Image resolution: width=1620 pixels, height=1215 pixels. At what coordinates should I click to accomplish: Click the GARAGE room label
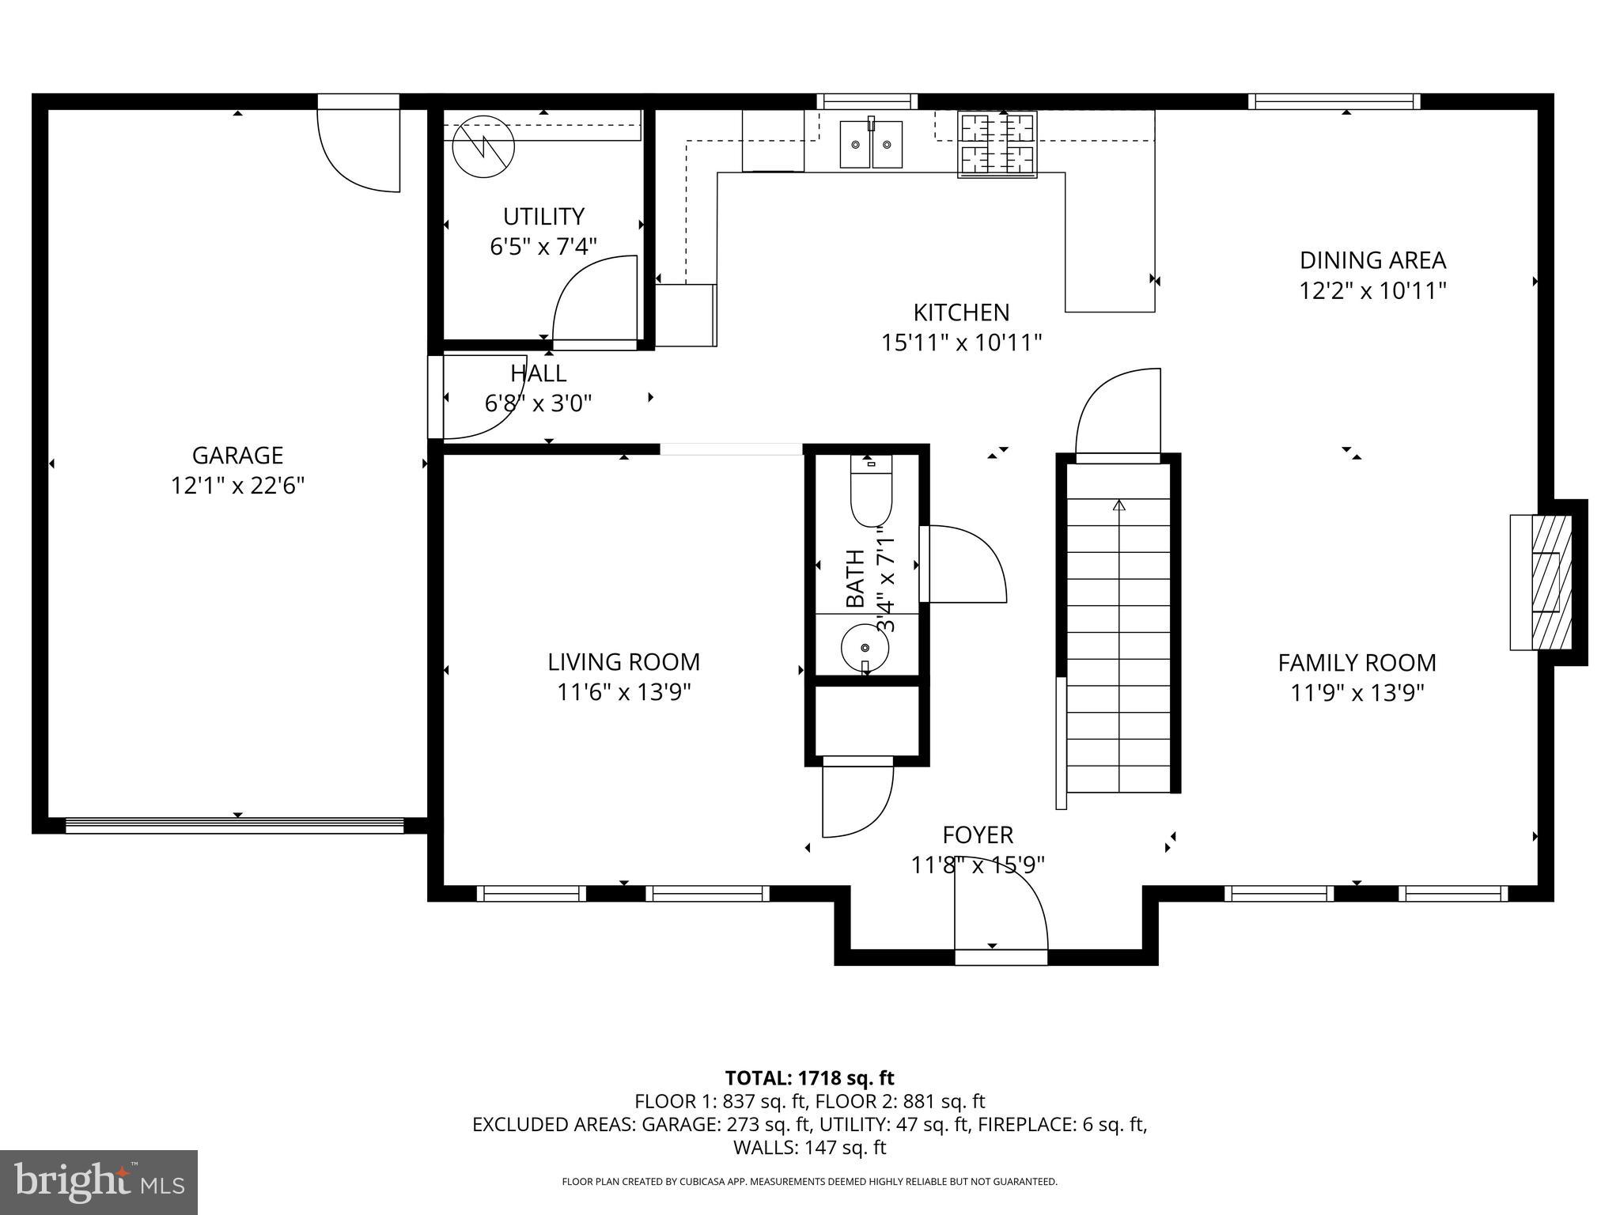tap(237, 456)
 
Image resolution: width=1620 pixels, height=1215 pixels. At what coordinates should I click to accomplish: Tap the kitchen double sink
tap(870, 144)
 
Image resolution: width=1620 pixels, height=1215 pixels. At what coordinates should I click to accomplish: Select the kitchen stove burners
tap(997, 145)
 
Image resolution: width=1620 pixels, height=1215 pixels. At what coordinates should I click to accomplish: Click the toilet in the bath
tap(871, 494)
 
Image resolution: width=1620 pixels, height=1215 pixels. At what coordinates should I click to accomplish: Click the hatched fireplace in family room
tap(1550, 582)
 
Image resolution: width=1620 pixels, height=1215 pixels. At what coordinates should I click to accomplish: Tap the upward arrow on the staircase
tap(1118, 505)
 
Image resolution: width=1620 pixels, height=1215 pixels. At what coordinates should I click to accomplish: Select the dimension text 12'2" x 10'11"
tap(1372, 291)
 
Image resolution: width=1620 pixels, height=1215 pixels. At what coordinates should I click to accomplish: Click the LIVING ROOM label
tap(623, 662)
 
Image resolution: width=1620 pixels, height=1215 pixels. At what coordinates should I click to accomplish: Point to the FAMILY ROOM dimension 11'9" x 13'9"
tap(1357, 693)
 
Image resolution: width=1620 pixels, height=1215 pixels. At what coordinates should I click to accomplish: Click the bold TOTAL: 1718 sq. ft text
tap(809, 1077)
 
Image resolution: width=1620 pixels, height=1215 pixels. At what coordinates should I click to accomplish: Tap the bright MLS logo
tap(99, 1182)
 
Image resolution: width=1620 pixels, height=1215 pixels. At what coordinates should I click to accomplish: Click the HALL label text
tap(538, 373)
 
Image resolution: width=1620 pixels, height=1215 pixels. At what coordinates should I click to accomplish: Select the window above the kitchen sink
tap(867, 101)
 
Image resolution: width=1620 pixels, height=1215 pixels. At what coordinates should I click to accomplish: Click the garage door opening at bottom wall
tap(234, 826)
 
